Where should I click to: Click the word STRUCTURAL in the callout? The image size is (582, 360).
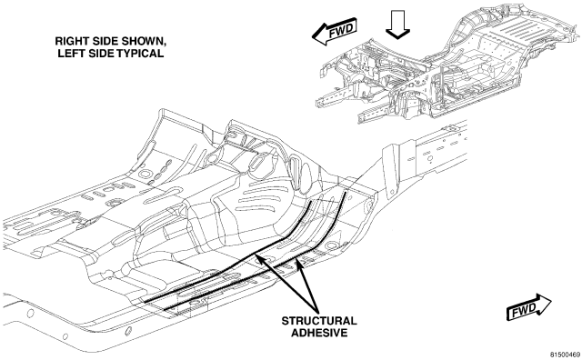(x=319, y=321)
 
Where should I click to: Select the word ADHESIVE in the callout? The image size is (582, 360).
(x=319, y=333)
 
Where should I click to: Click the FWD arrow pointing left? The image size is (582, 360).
(x=334, y=32)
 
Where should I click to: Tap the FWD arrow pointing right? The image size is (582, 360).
(x=528, y=306)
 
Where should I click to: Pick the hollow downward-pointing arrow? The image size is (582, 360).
(x=397, y=25)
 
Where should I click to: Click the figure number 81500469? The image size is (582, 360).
(x=565, y=354)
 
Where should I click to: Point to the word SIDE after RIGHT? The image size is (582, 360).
(x=103, y=41)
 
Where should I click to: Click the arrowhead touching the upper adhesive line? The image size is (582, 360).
(x=260, y=259)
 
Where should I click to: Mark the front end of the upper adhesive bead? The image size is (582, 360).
(x=312, y=202)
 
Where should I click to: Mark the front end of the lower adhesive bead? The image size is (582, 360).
(x=346, y=192)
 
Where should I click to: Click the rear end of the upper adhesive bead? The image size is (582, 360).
(x=145, y=301)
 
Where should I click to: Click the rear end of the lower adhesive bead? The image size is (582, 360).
(x=166, y=309)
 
